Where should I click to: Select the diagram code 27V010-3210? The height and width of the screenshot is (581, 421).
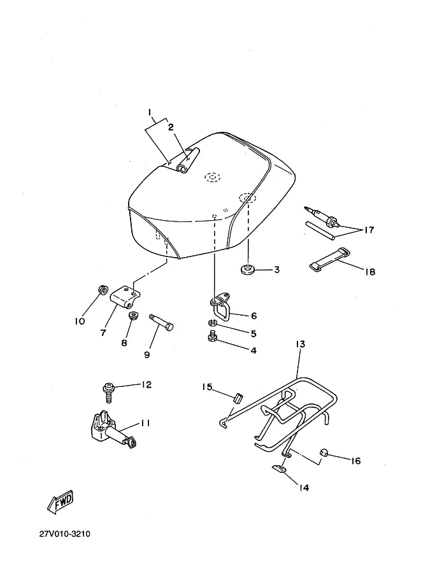click(64, 534)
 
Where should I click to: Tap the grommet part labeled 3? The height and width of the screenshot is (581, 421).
click(246, 270)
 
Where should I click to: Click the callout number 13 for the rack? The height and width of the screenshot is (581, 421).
click(300, 344)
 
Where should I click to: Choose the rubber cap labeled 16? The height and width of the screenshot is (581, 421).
click(324, 452)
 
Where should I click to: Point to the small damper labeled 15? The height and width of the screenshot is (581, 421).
click(238, 398)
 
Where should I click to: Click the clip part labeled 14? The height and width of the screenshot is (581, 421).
click(280, 469)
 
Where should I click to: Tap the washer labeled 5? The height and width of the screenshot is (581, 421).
click(213, 323)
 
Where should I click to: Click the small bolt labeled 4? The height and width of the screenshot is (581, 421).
click(212, 337)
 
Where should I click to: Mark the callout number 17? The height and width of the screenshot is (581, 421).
click(368, 230)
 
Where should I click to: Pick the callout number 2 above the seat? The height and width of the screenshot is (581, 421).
click(171, 127)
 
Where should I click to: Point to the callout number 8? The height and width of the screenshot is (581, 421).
click(124, 343)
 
